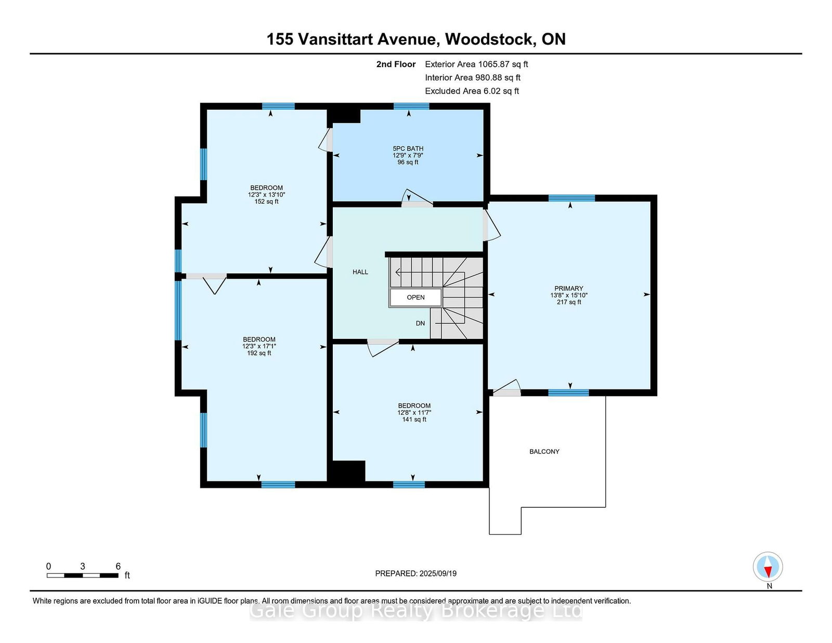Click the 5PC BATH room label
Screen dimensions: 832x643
point(408,149)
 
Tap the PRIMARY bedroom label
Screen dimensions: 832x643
point(568,288)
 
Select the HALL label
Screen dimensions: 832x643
point(360,272)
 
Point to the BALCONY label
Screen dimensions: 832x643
point(544,452)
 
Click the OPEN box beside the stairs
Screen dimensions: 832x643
point(415,297)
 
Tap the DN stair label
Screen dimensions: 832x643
point(420,323)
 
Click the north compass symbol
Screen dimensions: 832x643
point(768,567)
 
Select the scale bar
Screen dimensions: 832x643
point(82,575)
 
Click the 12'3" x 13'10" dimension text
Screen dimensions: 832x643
point(266,195)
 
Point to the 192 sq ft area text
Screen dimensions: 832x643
point(259,353)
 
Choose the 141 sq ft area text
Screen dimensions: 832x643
point(414,419)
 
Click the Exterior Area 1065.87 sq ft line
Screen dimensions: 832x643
point(476,64)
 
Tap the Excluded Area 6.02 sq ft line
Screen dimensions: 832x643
point(472,91)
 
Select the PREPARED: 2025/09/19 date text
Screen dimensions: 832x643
point(416,573)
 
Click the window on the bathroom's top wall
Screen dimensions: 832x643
point(411,107)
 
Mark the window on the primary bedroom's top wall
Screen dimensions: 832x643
point(571,198)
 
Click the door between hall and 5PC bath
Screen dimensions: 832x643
point(417,199)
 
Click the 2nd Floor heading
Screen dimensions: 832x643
point(396,64)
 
